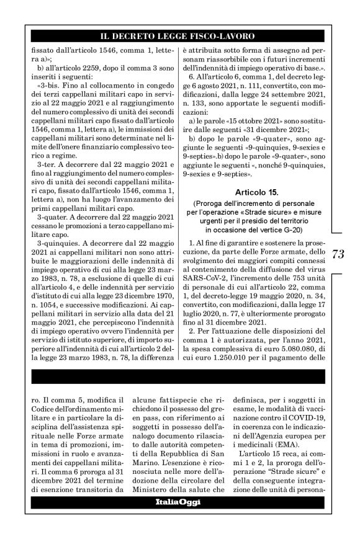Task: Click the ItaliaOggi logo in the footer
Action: pyautogui.click(x=178, y=519)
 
